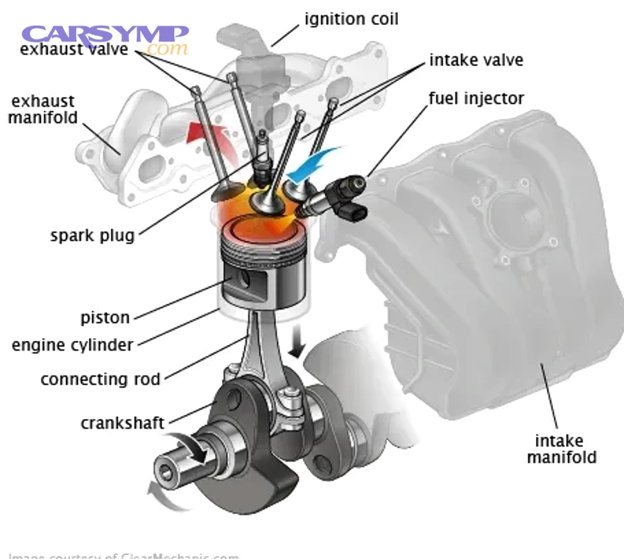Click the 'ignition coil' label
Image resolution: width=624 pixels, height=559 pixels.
(x=352, y=19)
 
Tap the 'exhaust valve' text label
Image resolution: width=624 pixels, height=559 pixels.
(x=74, y=50)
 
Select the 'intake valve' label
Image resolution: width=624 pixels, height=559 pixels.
(x=476, y=60)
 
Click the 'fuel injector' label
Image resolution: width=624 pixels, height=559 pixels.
(x=476, y=98)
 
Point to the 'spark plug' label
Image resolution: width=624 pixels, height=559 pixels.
(x=92, y=235)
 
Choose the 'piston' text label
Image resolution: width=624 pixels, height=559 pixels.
(x=105, y=318)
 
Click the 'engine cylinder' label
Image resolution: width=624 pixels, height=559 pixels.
(x=73, y=344)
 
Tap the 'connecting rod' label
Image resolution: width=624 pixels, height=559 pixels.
(x=101, y=379)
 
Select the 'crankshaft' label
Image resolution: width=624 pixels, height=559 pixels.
(x=122, y=423)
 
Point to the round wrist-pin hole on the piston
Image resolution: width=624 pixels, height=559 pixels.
(x=246, y=278)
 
